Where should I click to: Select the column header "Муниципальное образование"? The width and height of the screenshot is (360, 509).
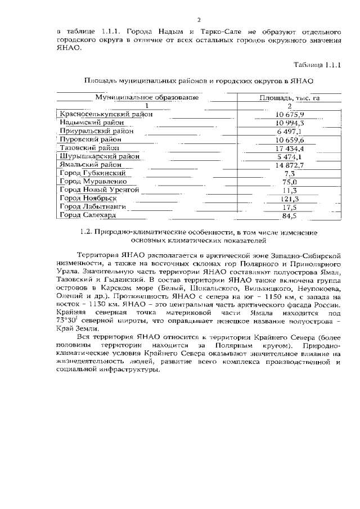pyautogui.click(x=146, y=97)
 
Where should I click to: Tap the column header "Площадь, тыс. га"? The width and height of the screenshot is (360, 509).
pyautogui.click(x=289, y=97)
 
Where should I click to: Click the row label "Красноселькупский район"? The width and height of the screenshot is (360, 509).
pyautogui.click(x=106, y=115)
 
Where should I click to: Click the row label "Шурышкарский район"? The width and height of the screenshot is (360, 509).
pyautogui.click(x=100, y=156)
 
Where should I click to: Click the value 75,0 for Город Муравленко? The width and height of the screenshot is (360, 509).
pyautogui.click(x=290, y=182)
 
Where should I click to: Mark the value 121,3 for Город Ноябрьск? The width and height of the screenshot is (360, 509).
pyautogui.click(x=290, y=199)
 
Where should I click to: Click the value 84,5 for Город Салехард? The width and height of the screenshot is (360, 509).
pyautogui.click(x=290, y=215)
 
